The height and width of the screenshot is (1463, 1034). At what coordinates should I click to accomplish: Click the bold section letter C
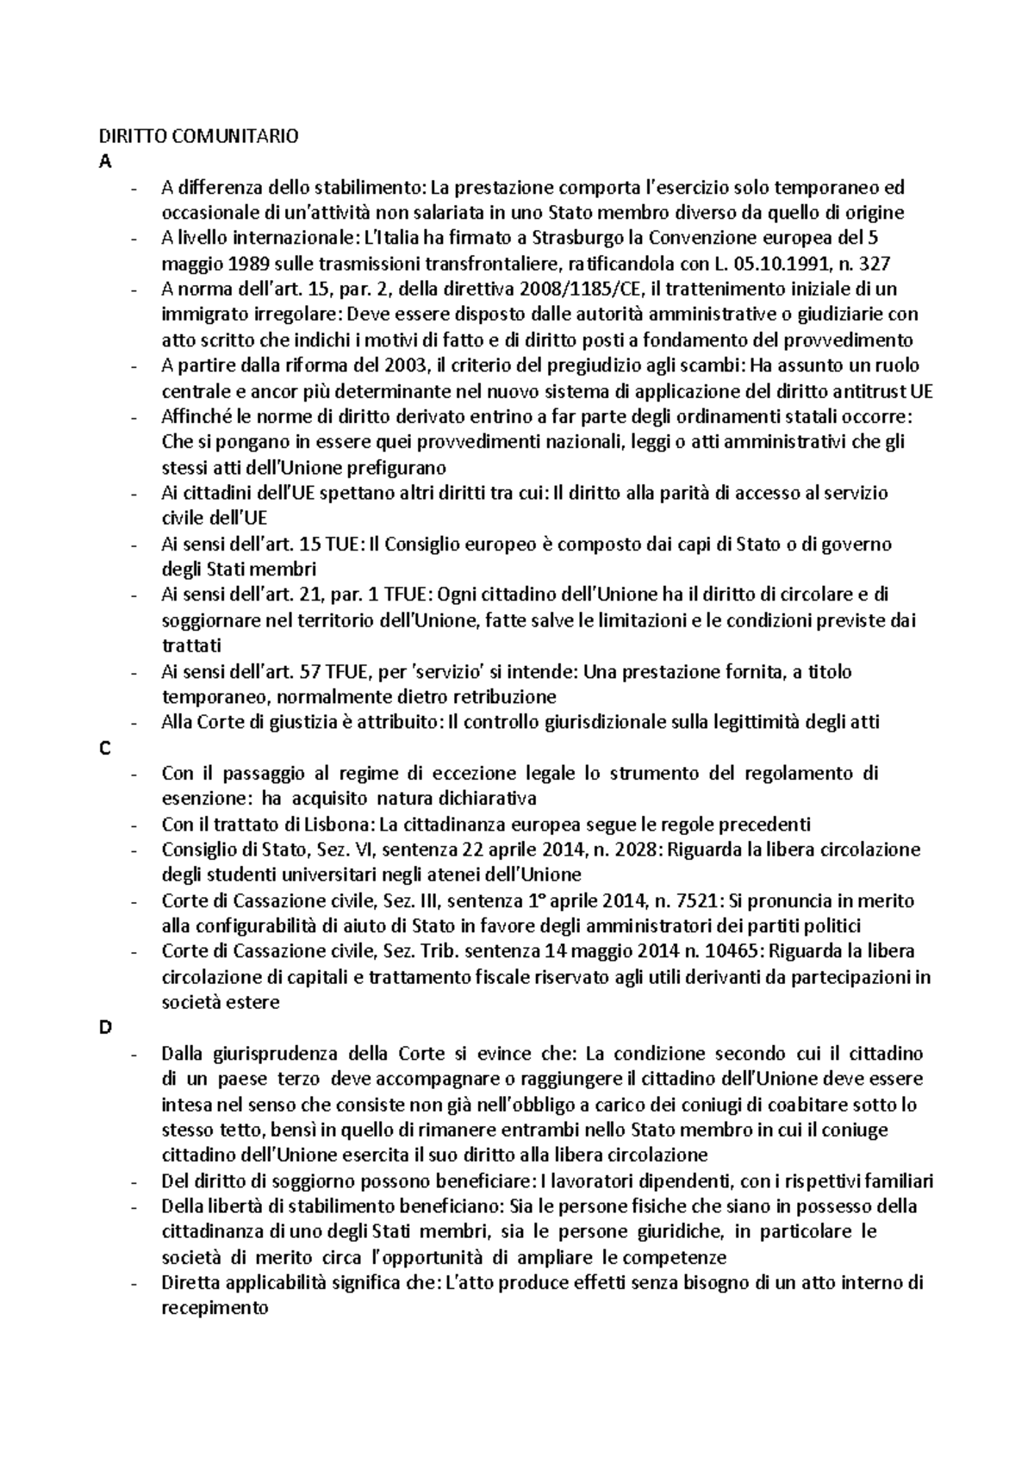click(x=105, y=749)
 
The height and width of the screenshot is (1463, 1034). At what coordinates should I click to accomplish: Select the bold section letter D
click(x=106, y=1029)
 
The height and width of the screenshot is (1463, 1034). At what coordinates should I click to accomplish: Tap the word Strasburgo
click(x=573, y=239)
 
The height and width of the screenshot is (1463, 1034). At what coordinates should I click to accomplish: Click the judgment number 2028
click(x=633, y=850)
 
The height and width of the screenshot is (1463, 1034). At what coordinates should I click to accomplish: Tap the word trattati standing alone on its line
click(x=191, y=646)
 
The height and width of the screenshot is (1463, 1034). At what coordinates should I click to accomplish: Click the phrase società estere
click(x=221, y=1003)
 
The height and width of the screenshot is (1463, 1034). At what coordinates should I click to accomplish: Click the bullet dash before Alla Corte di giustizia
click(x=132, y=723)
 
